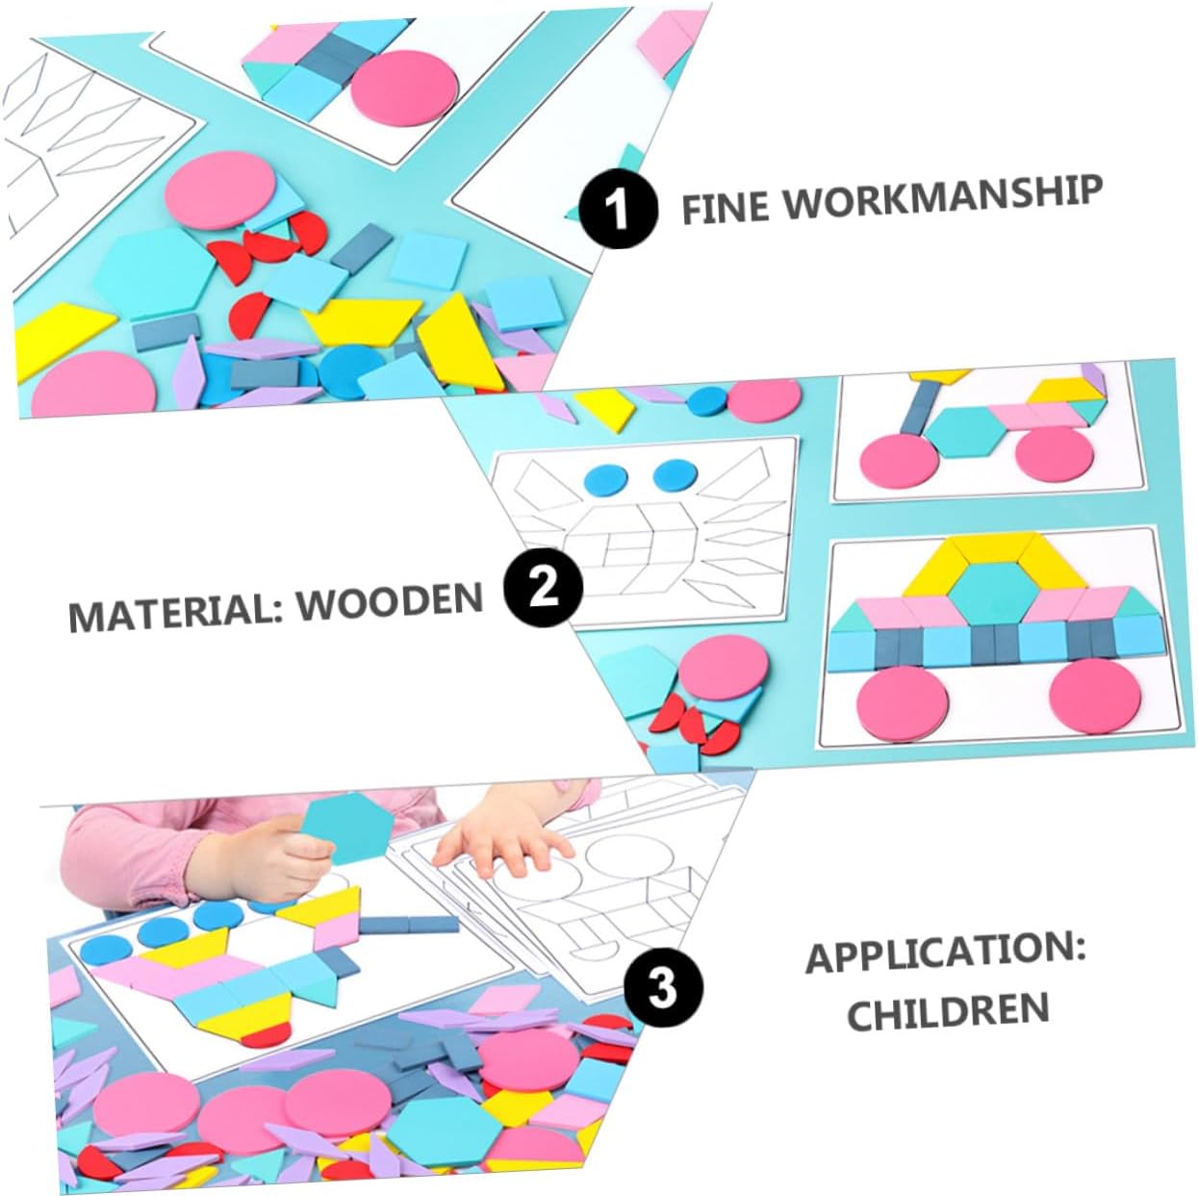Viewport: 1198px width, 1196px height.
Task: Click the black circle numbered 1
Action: click(618, 208)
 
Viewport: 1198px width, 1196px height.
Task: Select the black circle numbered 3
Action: click(662, 987)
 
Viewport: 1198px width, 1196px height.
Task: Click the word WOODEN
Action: click(389, 602)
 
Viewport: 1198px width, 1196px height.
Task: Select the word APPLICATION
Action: click(945, 954)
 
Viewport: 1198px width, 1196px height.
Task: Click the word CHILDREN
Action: click(947, 1011)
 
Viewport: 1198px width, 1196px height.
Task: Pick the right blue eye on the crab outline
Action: click(675, 473)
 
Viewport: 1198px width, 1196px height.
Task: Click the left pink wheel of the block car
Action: click(899, 704)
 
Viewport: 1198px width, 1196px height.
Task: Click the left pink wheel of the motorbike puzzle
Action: click(898, 456)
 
